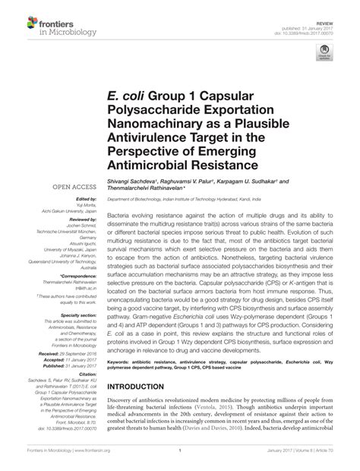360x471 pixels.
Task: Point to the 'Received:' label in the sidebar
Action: tap(49, 354)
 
